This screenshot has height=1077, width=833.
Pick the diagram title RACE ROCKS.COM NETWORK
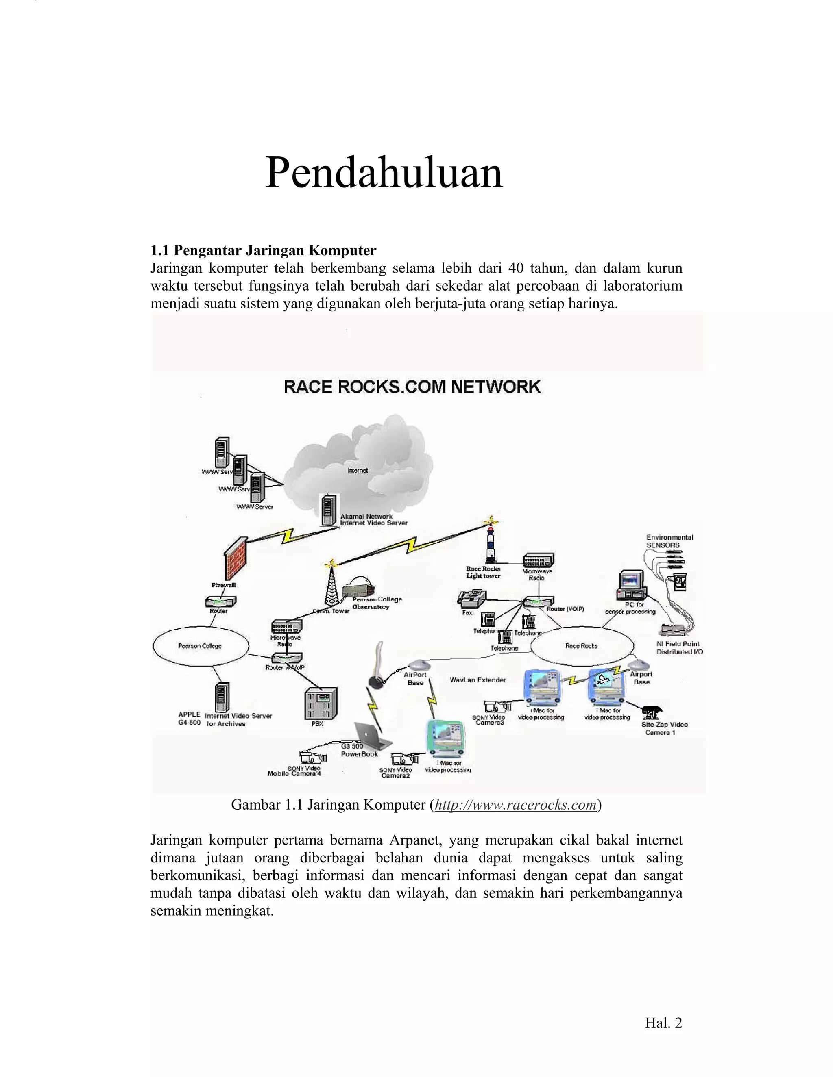coord(412,386)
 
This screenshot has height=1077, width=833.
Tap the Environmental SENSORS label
coord(669,541)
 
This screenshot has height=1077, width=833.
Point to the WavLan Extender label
coord(478,680)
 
